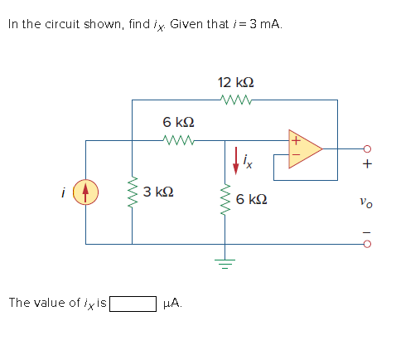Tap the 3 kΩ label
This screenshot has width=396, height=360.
coord(157,192)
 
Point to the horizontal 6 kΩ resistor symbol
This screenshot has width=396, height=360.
coord(179,141)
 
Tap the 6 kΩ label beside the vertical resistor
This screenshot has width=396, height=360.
coord(251,200)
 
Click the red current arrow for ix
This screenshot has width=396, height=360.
coord(236,160)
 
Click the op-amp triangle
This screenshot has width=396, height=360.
coord(304,148)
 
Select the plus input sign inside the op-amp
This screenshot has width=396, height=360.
coord(292,139)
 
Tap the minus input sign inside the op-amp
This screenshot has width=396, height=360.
coord(292,155)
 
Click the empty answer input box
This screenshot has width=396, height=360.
coord(133,303)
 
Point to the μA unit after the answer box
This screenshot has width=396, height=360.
coord(172,303)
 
